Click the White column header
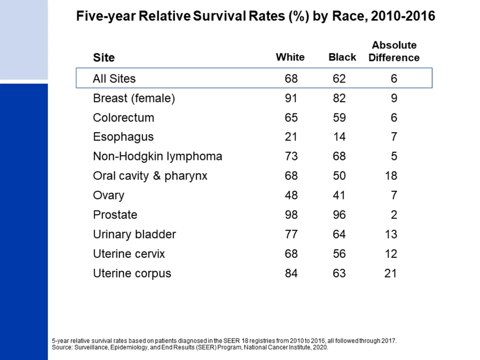(x=290, y=57)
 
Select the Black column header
(x=342, y=57)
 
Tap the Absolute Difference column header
(x=394, y=51)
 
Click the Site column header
(x=104, y=58)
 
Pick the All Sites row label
(x=114, y=79)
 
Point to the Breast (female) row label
(x=134, y=98)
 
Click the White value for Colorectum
(x=291, y=118)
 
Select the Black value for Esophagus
(x=339, y=137)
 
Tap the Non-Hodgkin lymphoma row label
(x=157, y=157)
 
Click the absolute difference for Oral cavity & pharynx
(x=391, y=176)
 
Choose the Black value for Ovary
(x=339, y=195)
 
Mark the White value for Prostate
(x=291, y=215)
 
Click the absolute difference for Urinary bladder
(x=391, y=234)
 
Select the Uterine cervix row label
(x=129, y=254)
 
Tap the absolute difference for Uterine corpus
(x=390, y=273)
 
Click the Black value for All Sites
(x=339, y=79)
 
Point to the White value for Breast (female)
(x=291, y=98)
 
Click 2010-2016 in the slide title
(x=403, y=16)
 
